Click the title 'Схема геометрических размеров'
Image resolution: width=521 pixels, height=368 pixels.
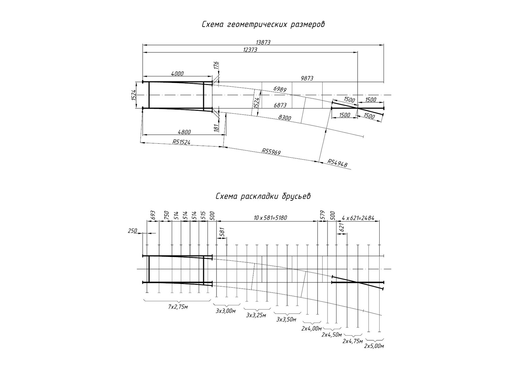(x=263, y=25)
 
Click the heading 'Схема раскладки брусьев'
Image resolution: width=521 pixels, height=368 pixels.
(x=263, y=196)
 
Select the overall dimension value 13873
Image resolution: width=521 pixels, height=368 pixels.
(x=263, y=43)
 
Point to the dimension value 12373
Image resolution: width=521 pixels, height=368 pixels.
(x=250, y=50)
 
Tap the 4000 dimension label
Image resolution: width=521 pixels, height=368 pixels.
(x=177, y=74)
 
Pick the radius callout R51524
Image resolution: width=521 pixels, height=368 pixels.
(x=181, y=142)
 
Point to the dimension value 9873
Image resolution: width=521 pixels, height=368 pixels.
(x=307, y=79)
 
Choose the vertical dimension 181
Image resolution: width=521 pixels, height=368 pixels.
(x=216, y=127)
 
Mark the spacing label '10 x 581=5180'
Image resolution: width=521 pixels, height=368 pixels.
(x=270, y=218)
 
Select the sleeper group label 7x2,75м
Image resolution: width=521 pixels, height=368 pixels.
(x=178, y=307)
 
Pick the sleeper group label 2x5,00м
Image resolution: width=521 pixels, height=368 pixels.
(x=374, y=346)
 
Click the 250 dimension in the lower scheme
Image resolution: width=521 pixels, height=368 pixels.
(x=132, y=231)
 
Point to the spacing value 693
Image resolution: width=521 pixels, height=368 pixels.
(x=153, y=216)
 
